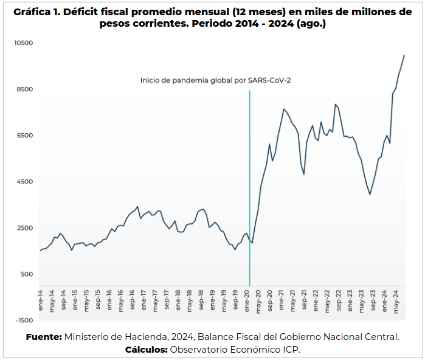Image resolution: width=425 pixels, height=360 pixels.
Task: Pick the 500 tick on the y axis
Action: [x=26, y=274]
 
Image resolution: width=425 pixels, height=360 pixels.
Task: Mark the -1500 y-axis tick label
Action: [x=24, y=320]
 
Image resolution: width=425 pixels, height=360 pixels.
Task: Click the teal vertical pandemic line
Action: [x=250, y=182]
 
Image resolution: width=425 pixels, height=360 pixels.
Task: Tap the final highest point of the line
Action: [x=404, y=55]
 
